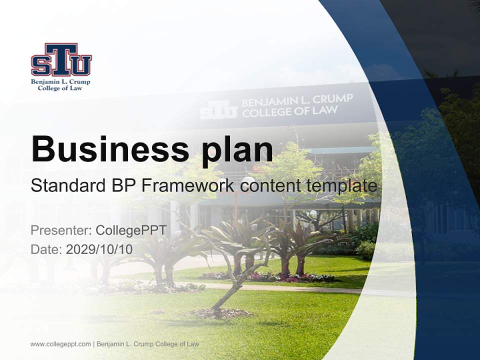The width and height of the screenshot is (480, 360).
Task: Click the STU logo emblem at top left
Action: coord(61,59)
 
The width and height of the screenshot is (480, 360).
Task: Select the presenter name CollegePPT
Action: coord(130,230)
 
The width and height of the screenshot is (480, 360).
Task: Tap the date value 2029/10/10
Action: coord(99,249)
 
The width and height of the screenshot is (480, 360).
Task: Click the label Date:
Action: coord(46,249)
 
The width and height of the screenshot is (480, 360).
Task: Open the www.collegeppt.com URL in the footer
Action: coord(60,344)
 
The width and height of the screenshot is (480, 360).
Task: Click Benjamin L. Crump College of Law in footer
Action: coord(147,344)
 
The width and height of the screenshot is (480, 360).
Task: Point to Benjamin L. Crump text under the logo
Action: coord(60,81)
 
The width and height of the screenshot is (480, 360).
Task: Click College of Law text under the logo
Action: coord(60,88)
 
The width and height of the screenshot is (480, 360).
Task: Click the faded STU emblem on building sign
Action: coord(218,109)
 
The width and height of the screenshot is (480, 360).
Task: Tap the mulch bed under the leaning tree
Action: coord(220,313)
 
